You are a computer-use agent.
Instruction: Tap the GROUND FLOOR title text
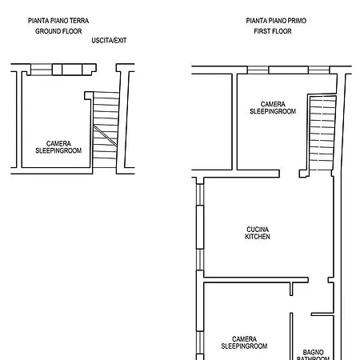click(x=58, y=31)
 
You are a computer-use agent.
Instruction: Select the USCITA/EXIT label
click(x=109, y=41)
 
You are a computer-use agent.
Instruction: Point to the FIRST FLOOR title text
click(x=270, y=31)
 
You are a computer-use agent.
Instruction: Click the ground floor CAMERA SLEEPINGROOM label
click(x=58, y=146)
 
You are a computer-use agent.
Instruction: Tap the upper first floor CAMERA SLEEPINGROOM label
click(x=273, y=108)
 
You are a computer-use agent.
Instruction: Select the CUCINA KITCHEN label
click(x=258, y=233)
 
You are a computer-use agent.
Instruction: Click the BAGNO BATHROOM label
click(x=313, y=354)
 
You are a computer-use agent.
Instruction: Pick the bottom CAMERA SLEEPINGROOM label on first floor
click(x=244, y=342)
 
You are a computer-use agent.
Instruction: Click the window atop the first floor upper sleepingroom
click(x=287, y=70)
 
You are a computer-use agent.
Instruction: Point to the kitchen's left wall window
click(x=197, y=228)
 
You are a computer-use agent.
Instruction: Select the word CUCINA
click(x=258, y=229)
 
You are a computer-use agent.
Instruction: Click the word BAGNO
click(x=313, y=351)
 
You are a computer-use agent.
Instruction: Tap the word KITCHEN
click(x=258, y=237)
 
